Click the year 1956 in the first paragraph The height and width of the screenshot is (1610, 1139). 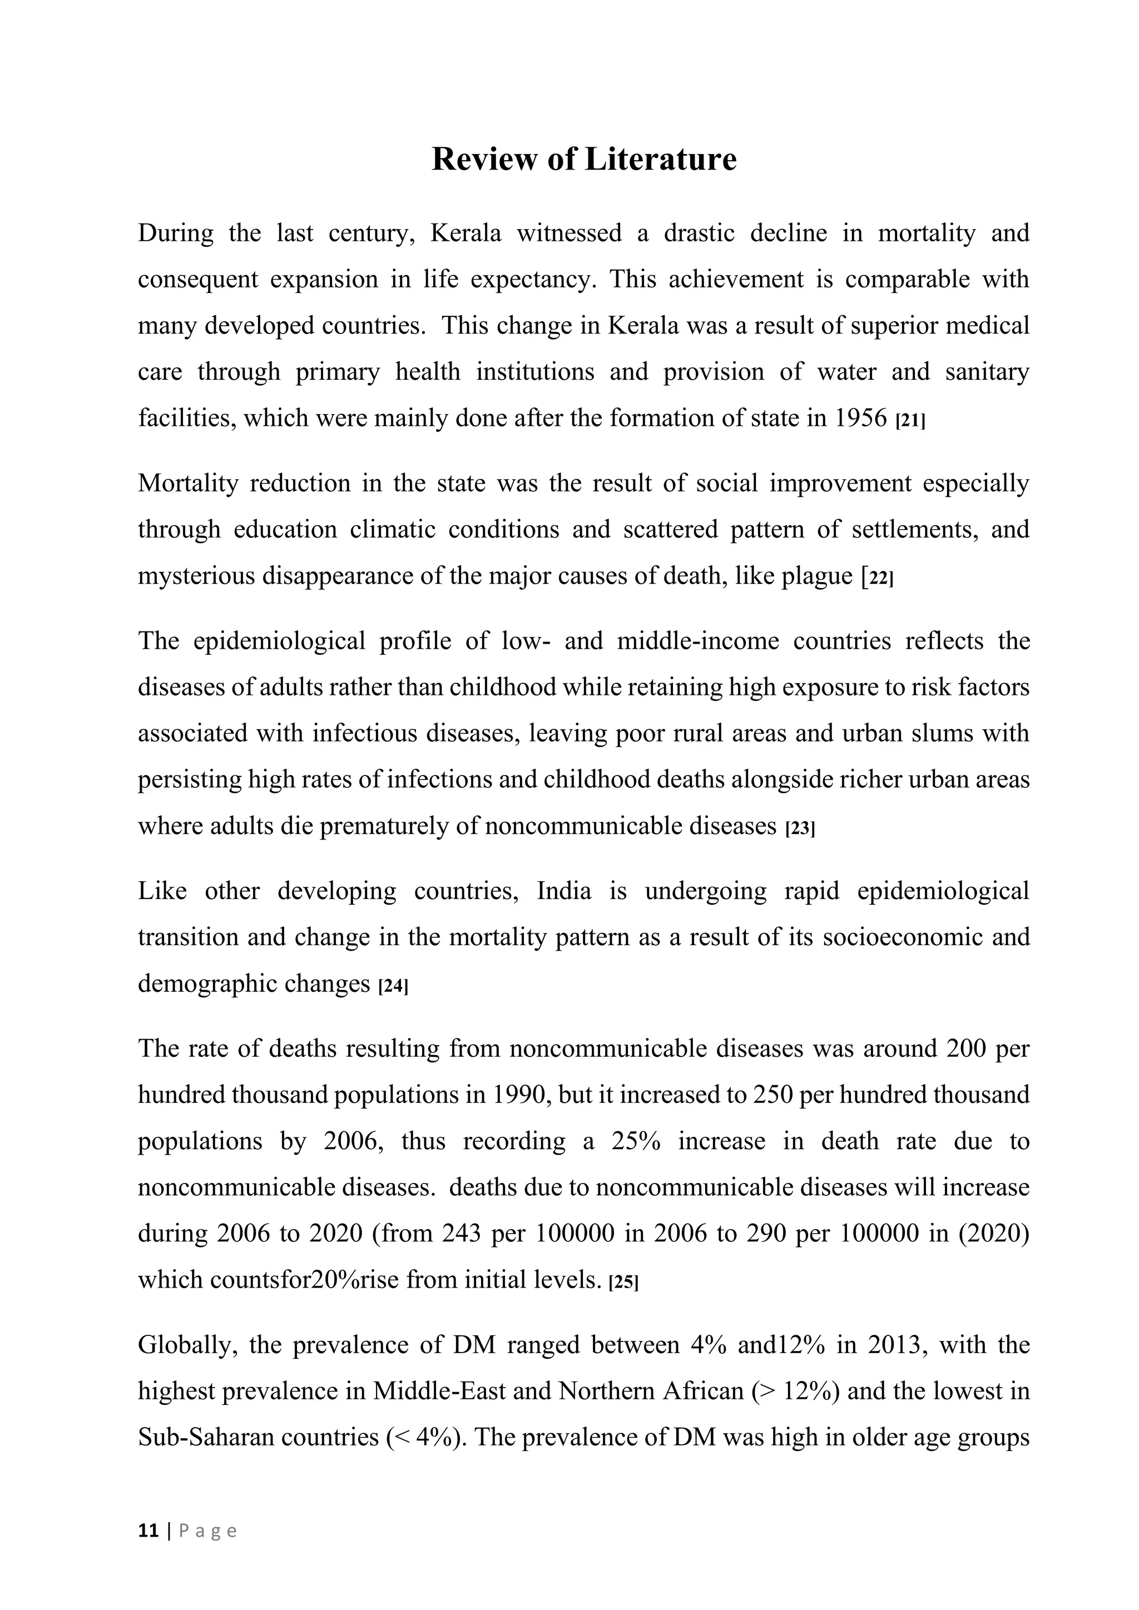coord(861,419)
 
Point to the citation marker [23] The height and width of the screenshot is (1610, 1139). coord(800,829)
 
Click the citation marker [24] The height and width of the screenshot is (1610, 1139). coord(393,987)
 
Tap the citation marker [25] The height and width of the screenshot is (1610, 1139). coord(623,1283)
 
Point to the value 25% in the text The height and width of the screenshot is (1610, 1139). coord(636,1141)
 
